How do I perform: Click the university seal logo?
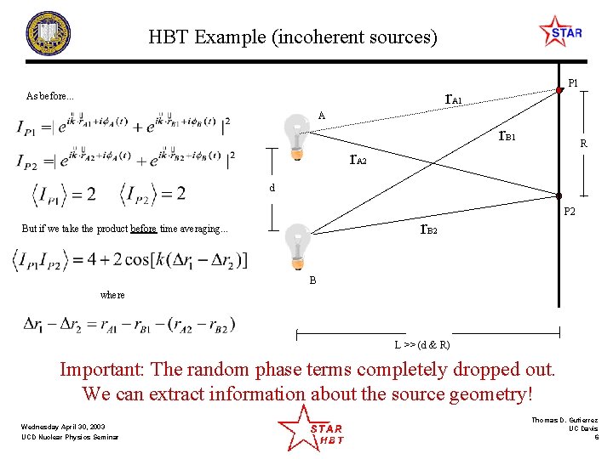point(49,34)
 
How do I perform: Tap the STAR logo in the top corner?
point(560,32)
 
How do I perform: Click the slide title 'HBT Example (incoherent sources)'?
point(293,37)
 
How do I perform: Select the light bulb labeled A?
point(296,135)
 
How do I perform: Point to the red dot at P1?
point(559,88)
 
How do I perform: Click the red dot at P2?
point(559,196)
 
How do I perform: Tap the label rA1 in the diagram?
point(454,99)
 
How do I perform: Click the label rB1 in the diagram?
point(507,135)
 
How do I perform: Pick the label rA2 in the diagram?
point(358,160)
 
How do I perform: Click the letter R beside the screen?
point(583,144)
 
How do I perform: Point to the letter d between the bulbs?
point(272,188)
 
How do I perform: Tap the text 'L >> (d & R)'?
point(422,345)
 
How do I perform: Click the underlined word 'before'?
point(143,229)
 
